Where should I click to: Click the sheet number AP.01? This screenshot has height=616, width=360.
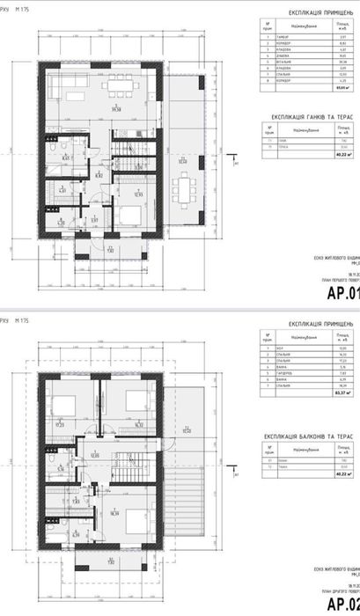(342, 295)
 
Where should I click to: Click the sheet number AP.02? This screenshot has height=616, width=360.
(342, 604)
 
